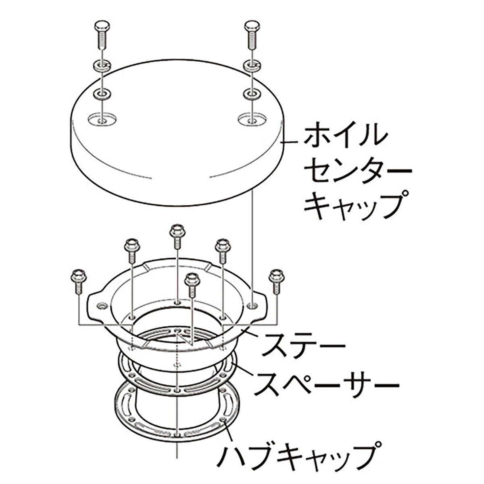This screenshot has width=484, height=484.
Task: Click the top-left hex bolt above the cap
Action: tap(102, 35)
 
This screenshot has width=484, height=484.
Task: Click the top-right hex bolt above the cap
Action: tap(252, 35)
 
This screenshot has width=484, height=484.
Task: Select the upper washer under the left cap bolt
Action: tap(102, 66)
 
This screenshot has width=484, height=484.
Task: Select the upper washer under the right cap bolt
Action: tap(252, 66)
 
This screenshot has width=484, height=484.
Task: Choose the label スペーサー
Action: tap(327, 384)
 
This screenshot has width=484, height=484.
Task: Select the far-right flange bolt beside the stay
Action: tap(277, 282)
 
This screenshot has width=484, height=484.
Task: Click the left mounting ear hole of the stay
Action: tap(102, 306)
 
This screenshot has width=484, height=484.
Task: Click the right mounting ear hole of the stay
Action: tap(252, 305)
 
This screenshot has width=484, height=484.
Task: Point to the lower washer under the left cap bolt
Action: tap(102, 94)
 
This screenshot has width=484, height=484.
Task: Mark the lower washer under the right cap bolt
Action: tap(252, 94)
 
